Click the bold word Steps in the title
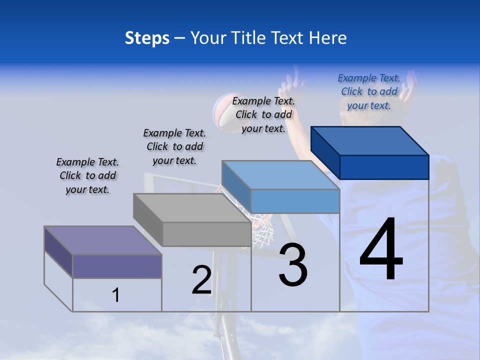tap(147, 38)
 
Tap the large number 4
tap(381, 249)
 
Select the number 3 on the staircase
tap(293, 265)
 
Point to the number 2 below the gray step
tap(201, 279)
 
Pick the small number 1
tap(116, 295)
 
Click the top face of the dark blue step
tap(370, 140)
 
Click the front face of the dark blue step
tap(384, 167)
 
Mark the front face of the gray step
tap(206, 234)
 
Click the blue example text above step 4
tap(369, 91)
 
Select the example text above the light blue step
tap(263, 114)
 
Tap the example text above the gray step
tap(174, 146)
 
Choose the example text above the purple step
tap(87, 175)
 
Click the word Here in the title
tap(328, 38)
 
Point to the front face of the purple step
tap(117, 266)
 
